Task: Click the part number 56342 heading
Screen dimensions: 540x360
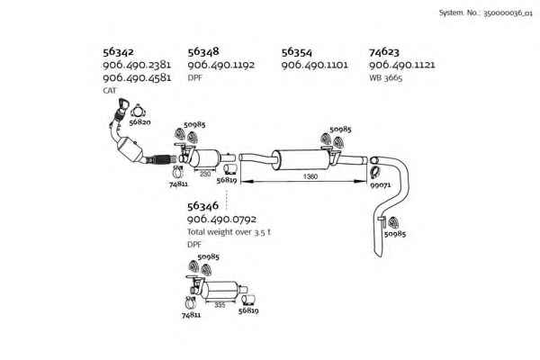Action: pyautogui.click(x=118, y=51)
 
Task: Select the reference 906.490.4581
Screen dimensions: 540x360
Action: pyautogui.click(x=137, y=77)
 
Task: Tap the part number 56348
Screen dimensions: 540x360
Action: pyautogui.click(x=203, y=51)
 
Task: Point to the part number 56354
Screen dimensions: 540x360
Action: pyautogui.click(x=296, y=52)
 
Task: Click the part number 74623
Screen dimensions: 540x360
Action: pyautogui.click(x=384, y=52)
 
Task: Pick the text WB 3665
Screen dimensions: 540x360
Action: pyautogui.click(x=385, y=78)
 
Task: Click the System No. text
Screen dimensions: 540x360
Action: pyautogui.click(x=486, y=13)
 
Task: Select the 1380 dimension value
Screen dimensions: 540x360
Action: pyautogui.click(x=310, y=176)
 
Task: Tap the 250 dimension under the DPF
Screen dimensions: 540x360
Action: pyautogui.click(x=205, y=174)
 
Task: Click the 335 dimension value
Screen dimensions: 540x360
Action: pyautogui.click(x=220, y=305)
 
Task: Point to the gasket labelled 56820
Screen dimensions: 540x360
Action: pyautogui.click(x=138, y=112)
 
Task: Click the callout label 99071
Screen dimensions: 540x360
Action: pyautogui.click(x=380, y=185)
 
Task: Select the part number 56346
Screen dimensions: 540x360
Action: pyautogui.click(x=202, y=206)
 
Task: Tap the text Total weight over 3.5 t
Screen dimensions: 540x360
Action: pyautogui.click(x=229, y=232)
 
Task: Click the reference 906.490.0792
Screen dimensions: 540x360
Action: pyautogui.click(x=221, y=219)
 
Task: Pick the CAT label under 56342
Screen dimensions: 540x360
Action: pyautogui.click(x=110, y=91)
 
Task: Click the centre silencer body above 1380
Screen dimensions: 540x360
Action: pyautogui.click(x=301, y=159)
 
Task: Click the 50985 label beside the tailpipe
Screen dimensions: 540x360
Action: pyautogui.click(x=395, y=234)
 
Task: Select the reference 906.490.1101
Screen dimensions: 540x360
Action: pyautogui.click(x=314, y=65)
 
